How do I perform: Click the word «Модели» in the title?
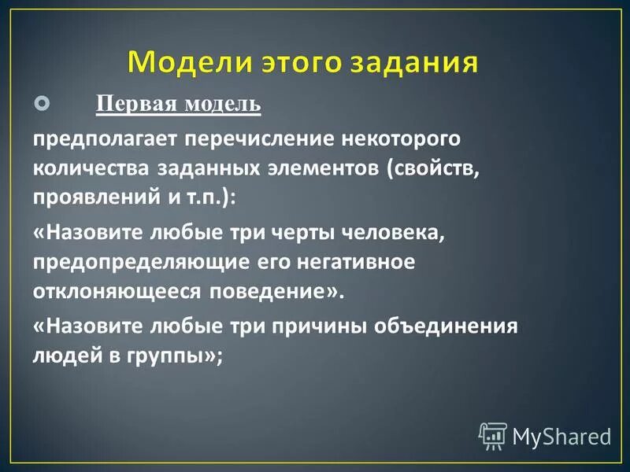tap(187, 61)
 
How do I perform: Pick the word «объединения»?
tap(460, 326)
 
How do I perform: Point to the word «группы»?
tap(170, 356)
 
